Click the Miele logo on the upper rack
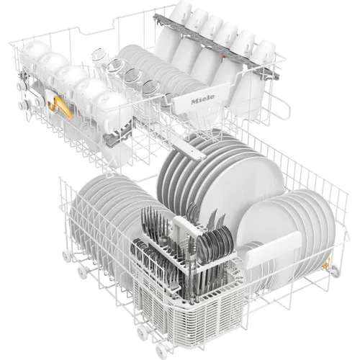(x=202, y=99)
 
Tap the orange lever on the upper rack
(x=62, y=107)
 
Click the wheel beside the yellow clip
(x=336, y=269)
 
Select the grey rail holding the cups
(x=216, y=45)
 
